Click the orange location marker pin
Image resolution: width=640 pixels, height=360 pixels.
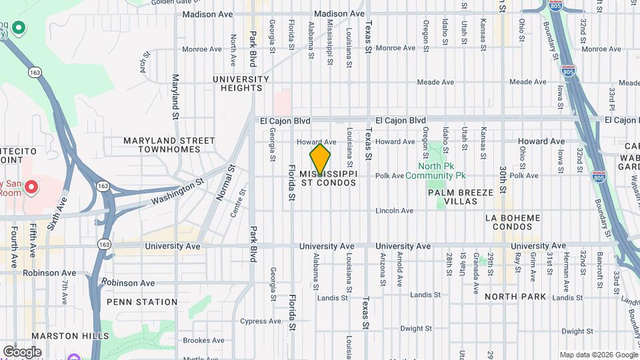(320, 160)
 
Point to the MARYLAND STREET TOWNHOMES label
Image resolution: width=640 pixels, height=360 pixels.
(169, 145)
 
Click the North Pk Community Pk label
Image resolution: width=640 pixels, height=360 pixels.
(441, 171)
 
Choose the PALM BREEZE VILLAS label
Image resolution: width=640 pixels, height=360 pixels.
(461, 197)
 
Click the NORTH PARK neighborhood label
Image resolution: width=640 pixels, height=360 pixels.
(515, 296)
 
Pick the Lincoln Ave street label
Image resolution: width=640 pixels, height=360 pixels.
(394, 211)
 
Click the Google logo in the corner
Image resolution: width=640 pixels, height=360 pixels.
(22, 351)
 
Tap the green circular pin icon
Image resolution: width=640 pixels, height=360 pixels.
(19, 28)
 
